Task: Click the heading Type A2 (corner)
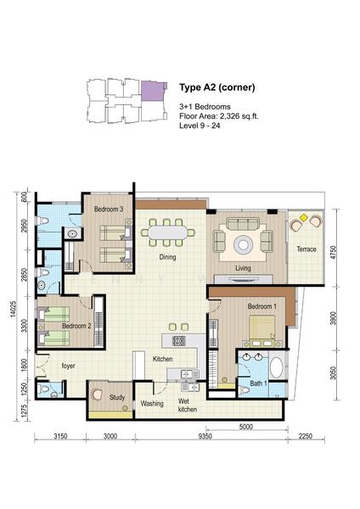217,87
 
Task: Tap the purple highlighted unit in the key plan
153,91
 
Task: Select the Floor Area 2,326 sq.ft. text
219,116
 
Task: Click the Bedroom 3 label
109,209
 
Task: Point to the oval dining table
168,232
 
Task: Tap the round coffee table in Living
243,244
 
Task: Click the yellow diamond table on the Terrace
303,217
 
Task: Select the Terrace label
307,249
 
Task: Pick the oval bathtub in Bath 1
277,367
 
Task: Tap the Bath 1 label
258,383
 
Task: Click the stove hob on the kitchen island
178,340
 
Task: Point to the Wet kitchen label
188,406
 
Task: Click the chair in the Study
97,394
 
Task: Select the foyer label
68,366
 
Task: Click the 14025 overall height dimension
13,309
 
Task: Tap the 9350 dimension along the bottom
205,436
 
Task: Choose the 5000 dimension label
245,426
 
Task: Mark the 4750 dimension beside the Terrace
333,253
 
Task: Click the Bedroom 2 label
76,326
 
